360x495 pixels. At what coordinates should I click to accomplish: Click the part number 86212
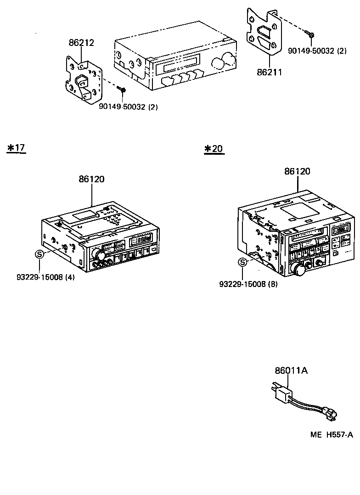click(x=81, y=43)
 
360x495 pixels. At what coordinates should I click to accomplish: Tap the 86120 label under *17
click(x=91, y=179)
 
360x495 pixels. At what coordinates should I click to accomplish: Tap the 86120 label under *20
click(x=297, y=171)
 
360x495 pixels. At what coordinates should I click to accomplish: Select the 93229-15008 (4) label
click(x=45, y=277)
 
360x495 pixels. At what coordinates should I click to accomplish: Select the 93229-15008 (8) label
click(x=248, y=284)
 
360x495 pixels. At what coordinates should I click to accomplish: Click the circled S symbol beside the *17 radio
click(x=39, y=253)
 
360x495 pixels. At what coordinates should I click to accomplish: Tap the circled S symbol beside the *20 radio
click(x=242, y=262)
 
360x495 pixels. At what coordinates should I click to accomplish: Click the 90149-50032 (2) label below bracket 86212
click(x=129, y=107)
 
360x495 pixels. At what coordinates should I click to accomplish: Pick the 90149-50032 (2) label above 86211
click(x=317, y=51)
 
